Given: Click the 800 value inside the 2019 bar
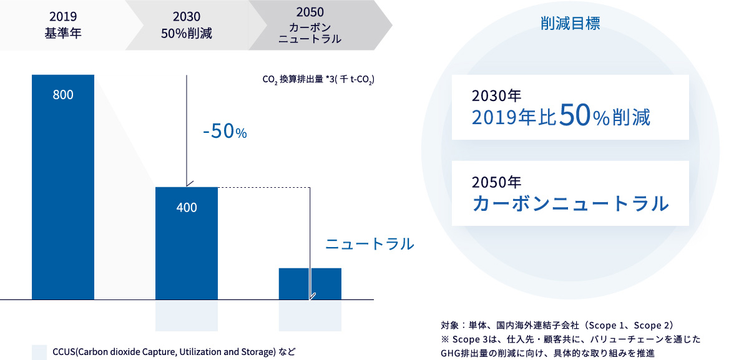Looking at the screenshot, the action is [x=63, y=95].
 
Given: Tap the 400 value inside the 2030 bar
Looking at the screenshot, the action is [x=187, y=208].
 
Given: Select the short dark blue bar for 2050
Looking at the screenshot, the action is [x=310, y=284].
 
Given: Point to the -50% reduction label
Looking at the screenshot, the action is [x=225, y=132].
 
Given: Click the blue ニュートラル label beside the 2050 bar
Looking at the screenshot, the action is [x=370, y=244].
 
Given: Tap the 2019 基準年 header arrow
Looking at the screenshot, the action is [x=67, y=25].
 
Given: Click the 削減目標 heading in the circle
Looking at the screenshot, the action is [x=570, y=24].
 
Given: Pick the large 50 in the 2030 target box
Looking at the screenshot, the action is [x=574, y=115].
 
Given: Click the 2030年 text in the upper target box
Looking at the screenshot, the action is [x=497, y=96].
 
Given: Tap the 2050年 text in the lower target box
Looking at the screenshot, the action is [x=497, y=182].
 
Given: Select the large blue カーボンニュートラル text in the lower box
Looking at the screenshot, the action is [x=570, y=203].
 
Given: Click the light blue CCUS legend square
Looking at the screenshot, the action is [x=39, y=353].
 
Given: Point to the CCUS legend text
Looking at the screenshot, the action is [x=174, y=352].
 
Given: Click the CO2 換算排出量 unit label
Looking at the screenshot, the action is [x=318, y=80].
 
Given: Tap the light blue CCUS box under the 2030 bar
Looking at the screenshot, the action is [x=187, y=316].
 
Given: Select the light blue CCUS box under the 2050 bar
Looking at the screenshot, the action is [x=310, y=316].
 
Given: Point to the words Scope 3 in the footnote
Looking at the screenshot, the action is [x=471, y=339].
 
